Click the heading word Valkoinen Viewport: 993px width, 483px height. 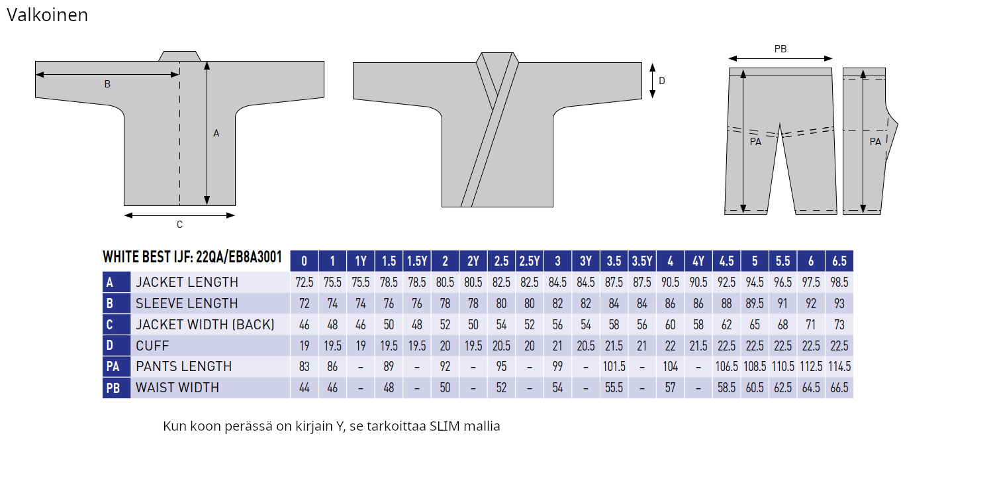(x=48, y=15)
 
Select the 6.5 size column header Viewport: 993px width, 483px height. (x=839, y=261)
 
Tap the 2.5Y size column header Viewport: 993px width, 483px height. (x=530, y=261)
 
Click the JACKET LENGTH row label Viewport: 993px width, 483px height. (x=187, y=282)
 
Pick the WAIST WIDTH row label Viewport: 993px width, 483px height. (x=177, y=388)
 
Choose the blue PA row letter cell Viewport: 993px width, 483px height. (x=116, y=366)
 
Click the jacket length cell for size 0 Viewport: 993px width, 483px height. (x=304, y=282)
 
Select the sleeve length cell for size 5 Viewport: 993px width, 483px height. (x=755, y=303)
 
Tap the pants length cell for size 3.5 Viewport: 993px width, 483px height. (x=614, y=366)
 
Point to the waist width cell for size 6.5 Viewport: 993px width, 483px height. (x=839, y=388)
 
